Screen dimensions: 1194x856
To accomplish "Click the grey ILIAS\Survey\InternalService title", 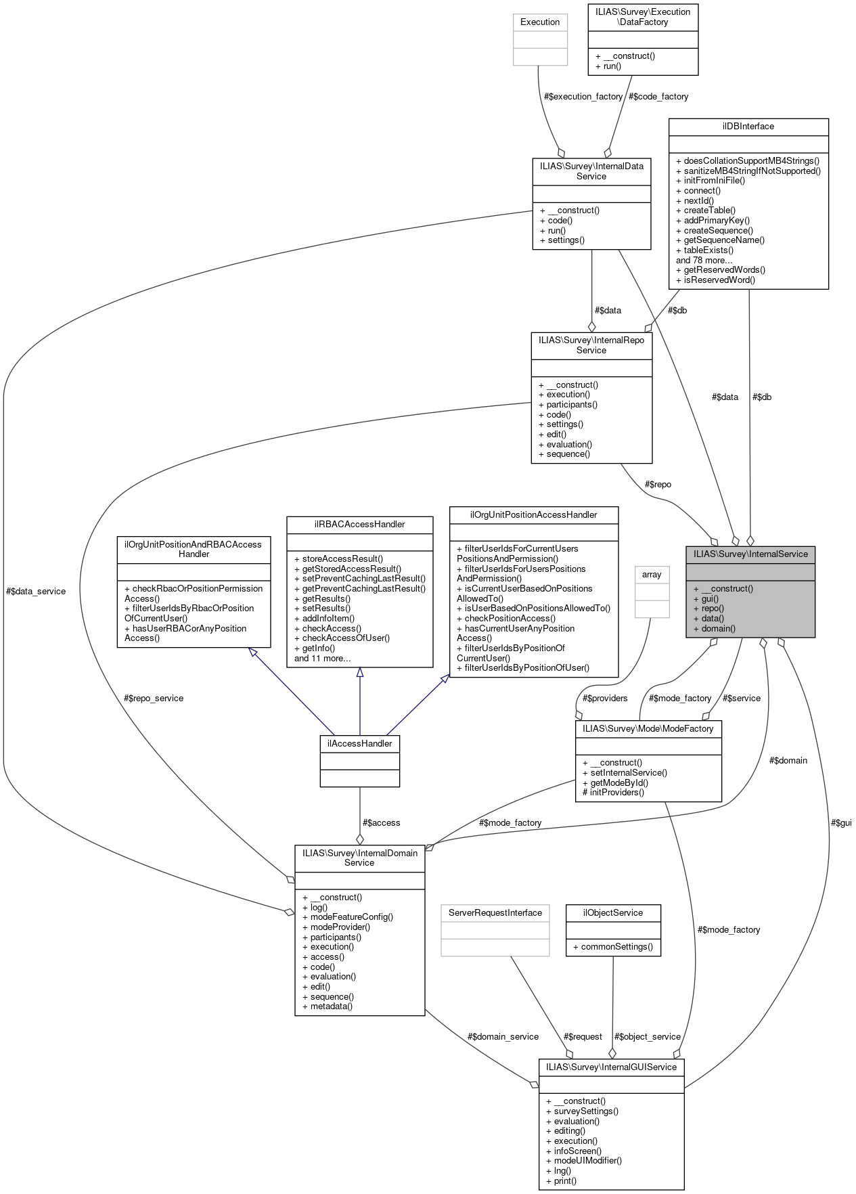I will [x=750, y=554].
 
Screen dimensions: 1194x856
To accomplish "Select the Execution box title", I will [x=540, y=22].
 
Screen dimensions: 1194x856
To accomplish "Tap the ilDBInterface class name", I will [x=748, y=127].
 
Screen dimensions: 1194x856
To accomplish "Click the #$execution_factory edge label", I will [x=583, y=96].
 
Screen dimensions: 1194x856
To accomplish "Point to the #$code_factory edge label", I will [x=658, y=96].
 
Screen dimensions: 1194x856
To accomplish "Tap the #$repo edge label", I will [x=658, y=484].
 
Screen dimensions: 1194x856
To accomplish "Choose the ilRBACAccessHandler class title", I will [x=359, y=524].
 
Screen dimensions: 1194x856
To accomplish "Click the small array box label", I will [x=652, y=574].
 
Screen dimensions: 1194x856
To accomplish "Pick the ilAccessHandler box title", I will [x=359, y=743].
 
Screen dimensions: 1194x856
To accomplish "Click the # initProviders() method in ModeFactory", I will [x=613, y=792].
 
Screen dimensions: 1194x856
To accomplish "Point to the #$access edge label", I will [x=381, y=822].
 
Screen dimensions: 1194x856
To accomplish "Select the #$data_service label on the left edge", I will [x=36, y=591].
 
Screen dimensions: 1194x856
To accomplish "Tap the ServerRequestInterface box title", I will [x=495, y=912].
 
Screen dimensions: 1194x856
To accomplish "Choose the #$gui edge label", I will [x=841, y=822].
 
